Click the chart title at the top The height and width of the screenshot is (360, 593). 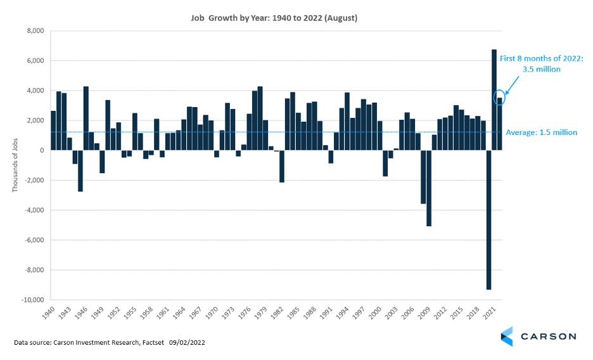[274, 18]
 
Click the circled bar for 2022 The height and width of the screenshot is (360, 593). [499, 124]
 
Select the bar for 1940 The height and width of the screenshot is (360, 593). [53, 131]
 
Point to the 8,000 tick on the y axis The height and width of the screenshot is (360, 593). [34, 31]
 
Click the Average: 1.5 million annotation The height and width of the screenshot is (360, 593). [541, 132]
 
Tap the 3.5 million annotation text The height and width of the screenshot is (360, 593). [540, 69]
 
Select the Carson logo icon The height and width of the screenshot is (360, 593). [507, 337]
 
